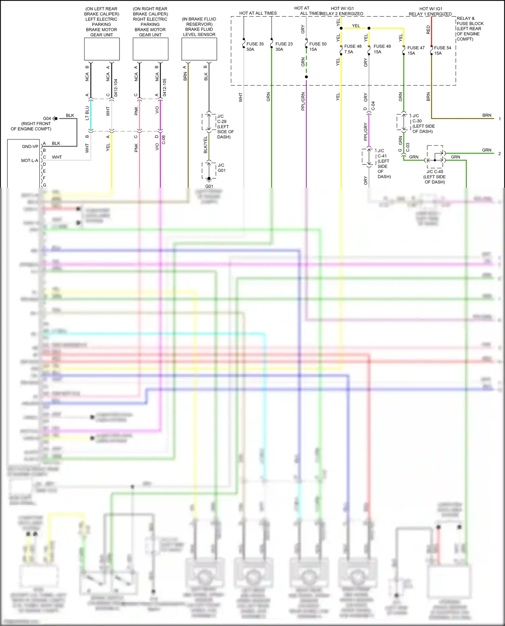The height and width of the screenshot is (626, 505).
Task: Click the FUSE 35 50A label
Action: coord(255,46)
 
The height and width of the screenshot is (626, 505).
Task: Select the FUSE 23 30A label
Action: coord(284,46)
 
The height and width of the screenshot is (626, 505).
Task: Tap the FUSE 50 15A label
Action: coord(318,46)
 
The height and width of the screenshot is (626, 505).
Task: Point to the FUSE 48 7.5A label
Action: coord(352,49)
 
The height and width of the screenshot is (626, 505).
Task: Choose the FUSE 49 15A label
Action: coord(382,49)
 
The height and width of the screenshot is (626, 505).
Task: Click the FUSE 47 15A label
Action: coord(416,50)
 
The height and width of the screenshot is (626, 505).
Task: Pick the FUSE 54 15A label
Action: coord(442,50)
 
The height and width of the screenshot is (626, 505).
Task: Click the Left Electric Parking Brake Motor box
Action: coord(102,49)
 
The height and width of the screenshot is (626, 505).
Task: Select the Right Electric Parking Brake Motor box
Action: coord(150,49)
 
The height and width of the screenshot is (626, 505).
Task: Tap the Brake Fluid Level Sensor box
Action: coord(199,49)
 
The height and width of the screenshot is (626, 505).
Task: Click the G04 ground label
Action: coord(47,118)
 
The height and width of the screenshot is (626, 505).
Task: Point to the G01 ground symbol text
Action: coord(209,186)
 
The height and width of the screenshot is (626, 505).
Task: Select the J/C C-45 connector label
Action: coord(435,172)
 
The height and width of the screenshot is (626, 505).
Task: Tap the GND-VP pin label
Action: coord(30,147)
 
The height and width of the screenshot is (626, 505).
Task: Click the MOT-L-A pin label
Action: coord(30,161)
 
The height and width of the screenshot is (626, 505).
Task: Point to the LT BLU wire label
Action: coord(87,113)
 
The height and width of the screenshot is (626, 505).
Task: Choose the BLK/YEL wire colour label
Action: coord(205,145)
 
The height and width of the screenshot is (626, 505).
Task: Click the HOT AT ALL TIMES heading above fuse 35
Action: coord(258,13)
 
